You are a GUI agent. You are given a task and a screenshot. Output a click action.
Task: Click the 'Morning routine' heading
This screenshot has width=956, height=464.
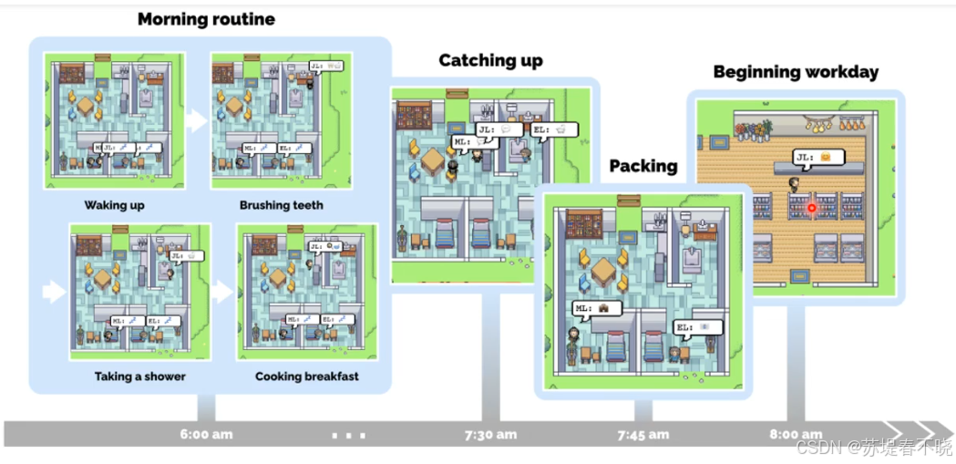(x=206, y=19)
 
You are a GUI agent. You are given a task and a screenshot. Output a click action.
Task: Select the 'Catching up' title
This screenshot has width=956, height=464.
(x=490, y=61)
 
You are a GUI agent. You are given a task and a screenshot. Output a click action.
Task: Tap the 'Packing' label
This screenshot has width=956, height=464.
(x=642, y=166)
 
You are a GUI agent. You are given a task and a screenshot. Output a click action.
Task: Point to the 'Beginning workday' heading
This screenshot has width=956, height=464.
(x=796, y=72)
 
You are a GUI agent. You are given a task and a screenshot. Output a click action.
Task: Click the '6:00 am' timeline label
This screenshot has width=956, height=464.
(x=206, y=434)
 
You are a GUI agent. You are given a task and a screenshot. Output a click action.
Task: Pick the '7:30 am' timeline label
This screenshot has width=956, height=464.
(x=490, y=434)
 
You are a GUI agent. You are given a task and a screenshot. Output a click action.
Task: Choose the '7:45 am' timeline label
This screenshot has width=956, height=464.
(x=643, y=434)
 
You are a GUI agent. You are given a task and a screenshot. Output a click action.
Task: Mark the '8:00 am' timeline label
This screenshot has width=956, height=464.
(x=796, y=434)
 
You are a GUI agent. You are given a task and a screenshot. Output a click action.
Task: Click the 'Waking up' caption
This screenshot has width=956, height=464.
(x=115, y=205)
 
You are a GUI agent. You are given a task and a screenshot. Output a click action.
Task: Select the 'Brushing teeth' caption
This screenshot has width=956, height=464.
(x=281, y=205)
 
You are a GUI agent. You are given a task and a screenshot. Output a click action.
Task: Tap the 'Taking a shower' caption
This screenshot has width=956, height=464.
(x=139, y=376)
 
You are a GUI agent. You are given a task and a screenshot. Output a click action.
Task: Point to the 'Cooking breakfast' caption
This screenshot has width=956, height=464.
(x=306, y=376)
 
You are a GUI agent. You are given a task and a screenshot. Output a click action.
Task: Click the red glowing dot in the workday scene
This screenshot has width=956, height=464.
(x=812, y=208)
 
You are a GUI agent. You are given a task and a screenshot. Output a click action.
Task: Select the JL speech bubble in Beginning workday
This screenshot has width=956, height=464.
(x=818, y=158)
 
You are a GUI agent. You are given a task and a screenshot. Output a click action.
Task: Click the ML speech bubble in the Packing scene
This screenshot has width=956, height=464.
(x=597, y=308)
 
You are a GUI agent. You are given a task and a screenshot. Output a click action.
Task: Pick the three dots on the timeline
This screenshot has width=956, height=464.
(x=347, y=435)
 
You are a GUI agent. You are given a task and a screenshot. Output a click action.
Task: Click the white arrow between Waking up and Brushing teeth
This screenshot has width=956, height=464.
(x=196, y=120)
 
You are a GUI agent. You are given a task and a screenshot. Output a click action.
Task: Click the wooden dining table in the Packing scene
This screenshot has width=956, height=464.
(x=603, y=269)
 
